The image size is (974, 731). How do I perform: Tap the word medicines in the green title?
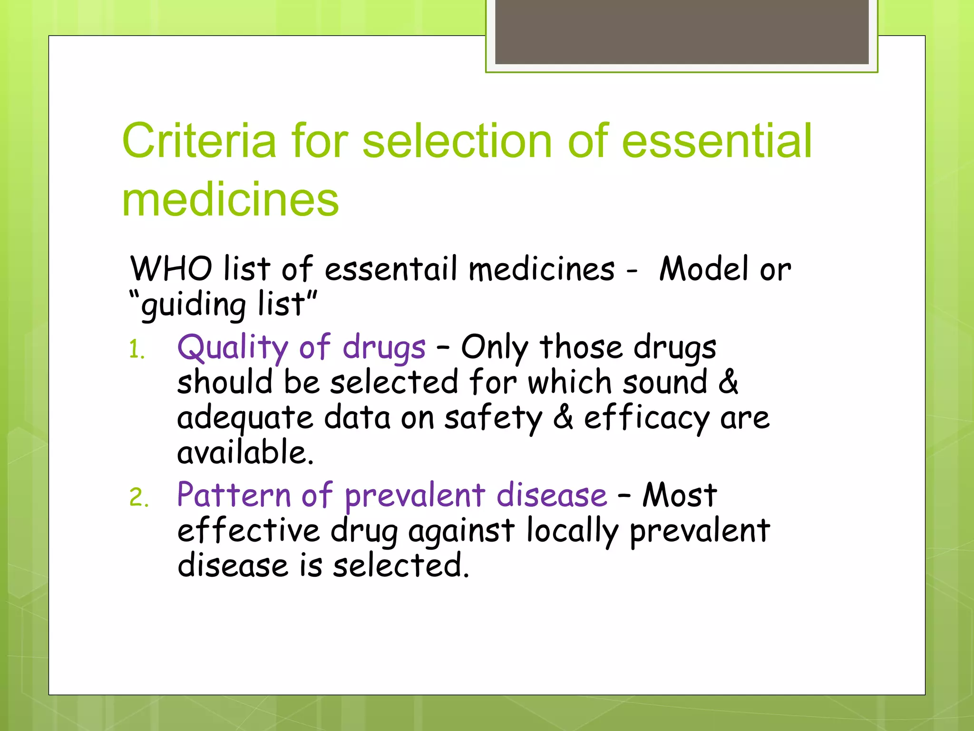230,200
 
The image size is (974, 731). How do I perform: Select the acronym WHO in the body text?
171,269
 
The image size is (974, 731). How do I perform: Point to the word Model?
703,269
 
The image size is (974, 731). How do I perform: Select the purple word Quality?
233,348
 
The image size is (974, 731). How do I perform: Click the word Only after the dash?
495,348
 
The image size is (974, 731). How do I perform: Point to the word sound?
665,383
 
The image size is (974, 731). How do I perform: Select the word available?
245,453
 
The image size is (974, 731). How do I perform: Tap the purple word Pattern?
234,495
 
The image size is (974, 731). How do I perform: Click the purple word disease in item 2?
552,495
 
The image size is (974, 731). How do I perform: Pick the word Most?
680,495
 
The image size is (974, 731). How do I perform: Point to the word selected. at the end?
401,566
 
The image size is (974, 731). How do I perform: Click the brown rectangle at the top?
682,31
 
